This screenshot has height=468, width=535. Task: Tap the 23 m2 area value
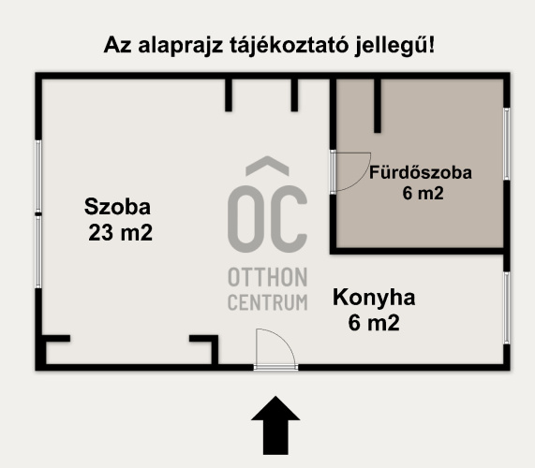point(120,234)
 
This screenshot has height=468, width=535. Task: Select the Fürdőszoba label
point(420,173)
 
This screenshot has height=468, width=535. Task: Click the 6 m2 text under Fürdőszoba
point(421,195)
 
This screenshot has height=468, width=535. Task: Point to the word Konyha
point(374,299)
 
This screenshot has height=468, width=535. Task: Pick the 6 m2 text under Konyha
point(374,324)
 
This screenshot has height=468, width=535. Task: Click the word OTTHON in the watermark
point(268,278)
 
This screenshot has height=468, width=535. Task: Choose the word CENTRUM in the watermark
point(268,302)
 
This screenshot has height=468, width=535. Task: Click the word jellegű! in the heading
point(397,45)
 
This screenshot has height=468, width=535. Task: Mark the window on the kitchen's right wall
point(506,309)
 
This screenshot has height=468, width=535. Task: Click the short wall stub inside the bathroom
point(377,105)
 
